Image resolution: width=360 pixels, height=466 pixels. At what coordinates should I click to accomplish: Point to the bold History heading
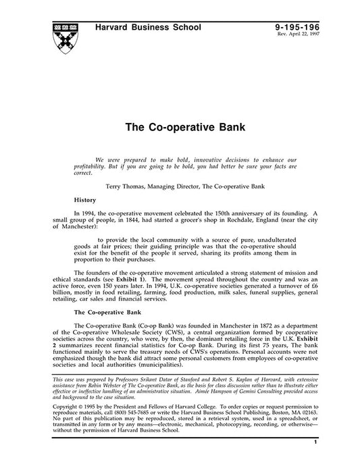point(85,201)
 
